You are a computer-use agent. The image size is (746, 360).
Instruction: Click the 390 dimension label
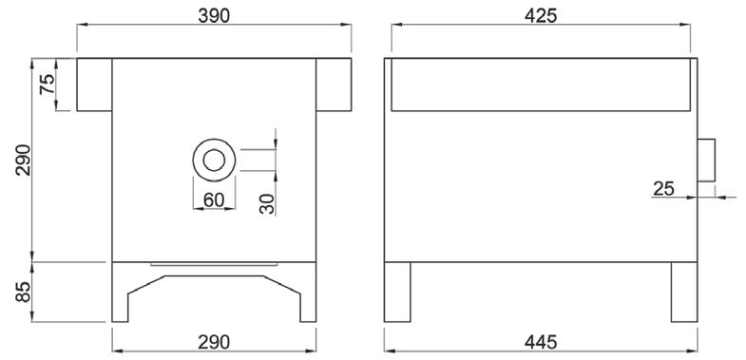[x=214, y=16]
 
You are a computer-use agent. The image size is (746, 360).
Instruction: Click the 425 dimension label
[x=541, y=16]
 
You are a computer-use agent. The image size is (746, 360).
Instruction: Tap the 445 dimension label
[x=541, y=342]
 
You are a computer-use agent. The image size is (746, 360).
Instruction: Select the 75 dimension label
[x=48, y=85]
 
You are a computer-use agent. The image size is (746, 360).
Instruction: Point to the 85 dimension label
[x=23, y=292]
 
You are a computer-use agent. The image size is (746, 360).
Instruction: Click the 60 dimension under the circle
[x=214, y=200]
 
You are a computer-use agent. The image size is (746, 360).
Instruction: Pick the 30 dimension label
[x=267, y=203]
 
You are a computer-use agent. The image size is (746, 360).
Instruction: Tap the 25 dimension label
[x=663, y=189]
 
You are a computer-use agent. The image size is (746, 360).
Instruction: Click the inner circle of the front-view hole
[x=214, y=149]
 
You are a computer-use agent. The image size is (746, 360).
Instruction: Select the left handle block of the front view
[x=94, y=85]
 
